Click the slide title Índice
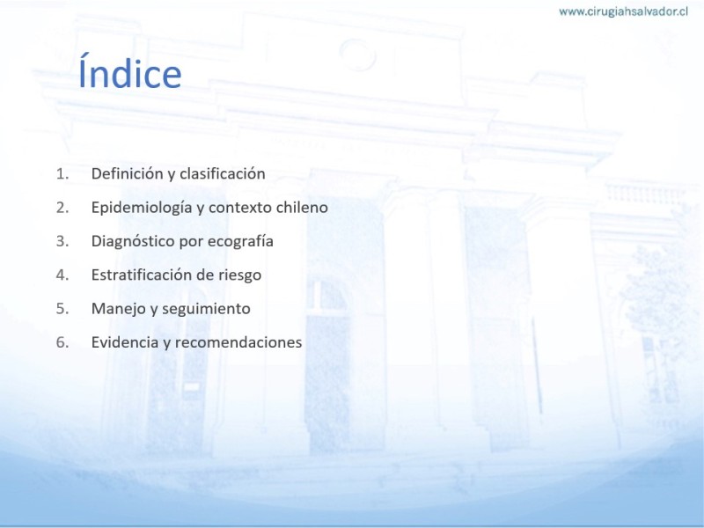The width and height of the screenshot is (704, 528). (129, 71)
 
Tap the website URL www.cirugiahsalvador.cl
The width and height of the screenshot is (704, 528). (623, 11)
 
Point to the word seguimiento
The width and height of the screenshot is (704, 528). (206, 309)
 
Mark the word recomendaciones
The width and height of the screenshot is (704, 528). (238, 342)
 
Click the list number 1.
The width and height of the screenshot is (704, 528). (62, 173)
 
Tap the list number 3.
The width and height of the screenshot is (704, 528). (62, 241)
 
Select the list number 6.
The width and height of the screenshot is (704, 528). (62, 342)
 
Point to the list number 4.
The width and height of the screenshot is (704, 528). (62, 275)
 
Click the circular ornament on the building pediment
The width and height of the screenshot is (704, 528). (357, 55)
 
